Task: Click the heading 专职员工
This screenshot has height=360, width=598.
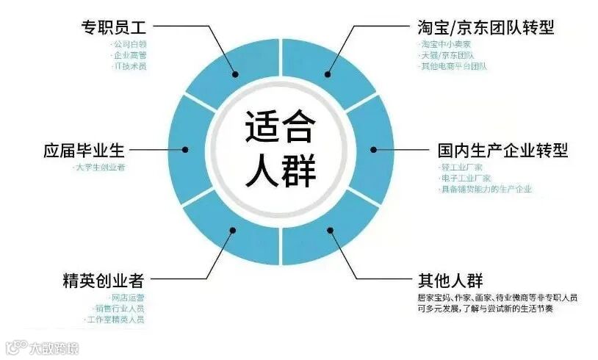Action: point(114,27)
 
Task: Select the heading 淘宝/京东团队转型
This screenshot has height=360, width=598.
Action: point(482,27)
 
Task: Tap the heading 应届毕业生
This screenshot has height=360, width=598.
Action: point(84,151)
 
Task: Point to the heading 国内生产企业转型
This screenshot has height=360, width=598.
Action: point(499,151)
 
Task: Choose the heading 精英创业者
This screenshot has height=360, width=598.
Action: point(103,281)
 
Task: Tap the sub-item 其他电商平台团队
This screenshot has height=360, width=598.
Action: point(453,66)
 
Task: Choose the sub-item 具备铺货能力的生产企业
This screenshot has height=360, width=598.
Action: point(475,190)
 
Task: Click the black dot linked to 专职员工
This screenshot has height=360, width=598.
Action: point(236,73)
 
